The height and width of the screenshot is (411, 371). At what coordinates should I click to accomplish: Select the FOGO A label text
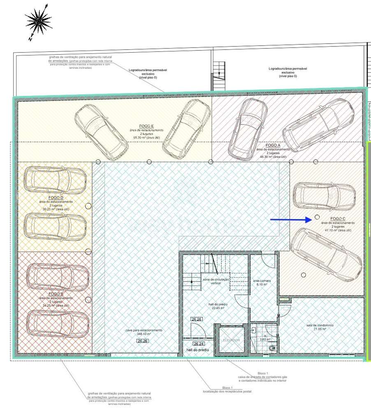[273, 145]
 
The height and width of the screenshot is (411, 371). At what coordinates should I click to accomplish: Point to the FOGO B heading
[56, 294]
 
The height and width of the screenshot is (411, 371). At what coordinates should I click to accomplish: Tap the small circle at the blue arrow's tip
[317, 216]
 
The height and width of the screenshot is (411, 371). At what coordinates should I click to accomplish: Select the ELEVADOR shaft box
[231, 340]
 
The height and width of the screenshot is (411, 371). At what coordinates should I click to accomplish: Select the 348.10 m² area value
[144, 334]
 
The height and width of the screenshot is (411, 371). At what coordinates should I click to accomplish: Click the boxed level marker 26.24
[199, 344]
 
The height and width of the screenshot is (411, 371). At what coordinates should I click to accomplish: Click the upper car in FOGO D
[55, 180]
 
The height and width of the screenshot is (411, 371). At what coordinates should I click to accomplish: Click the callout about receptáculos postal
[227, 389]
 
